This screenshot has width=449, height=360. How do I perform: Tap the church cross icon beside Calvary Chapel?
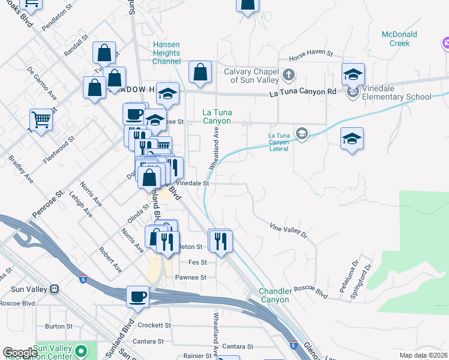tap(289, 76)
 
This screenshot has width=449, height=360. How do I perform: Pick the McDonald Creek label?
tap(396, 38)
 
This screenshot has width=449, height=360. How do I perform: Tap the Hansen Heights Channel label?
tap(166, 53)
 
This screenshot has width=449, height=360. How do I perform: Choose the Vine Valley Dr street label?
tap(288, 229)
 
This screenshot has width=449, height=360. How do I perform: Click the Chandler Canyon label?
tap(275, 295)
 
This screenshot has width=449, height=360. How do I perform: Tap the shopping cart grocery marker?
tap(41, 119)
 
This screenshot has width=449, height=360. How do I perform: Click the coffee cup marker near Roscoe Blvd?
tap(137, 296)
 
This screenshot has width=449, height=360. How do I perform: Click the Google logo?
tap(20, 353)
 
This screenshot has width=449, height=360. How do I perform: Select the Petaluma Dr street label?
tap(348, 277)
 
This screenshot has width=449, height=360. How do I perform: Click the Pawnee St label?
tap(191, 277)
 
